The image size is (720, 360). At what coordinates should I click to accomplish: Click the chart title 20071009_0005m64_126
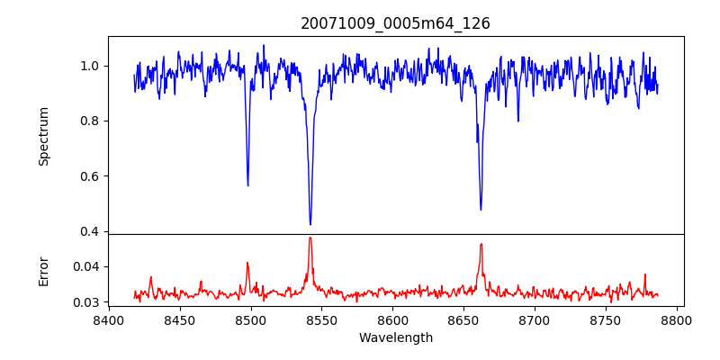pyautogui.click(x=395, y=23)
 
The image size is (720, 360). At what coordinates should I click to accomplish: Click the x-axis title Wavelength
pyautogui.click(x=395, y=337)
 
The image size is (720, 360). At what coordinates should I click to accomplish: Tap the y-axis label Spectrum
pyautogui.click(x=44, y=135)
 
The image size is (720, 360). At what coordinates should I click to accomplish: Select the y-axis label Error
pyautogui.click(x=44, y=270)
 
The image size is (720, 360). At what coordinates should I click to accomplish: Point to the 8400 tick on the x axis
pyautogui.click(x=108, y=319)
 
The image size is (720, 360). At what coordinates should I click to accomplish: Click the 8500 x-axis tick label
pyautogui.click(x=250, y=319)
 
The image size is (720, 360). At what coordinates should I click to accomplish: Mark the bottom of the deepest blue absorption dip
pyautogui.click(x=310, y=224)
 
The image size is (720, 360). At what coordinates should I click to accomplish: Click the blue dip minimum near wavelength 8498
pyautogui.click(x=247, y=184)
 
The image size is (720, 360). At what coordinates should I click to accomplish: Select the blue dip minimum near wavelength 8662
pyautogui.click(x=481, y=209)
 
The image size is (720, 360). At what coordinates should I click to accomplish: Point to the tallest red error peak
pyautogui.click(x=310, y=238)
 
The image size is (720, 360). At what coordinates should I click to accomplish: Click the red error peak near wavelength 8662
pyautogui.click(x=481, y=244)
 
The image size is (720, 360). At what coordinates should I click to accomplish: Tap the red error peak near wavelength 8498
pyautogui.click(x=247, y=263)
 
